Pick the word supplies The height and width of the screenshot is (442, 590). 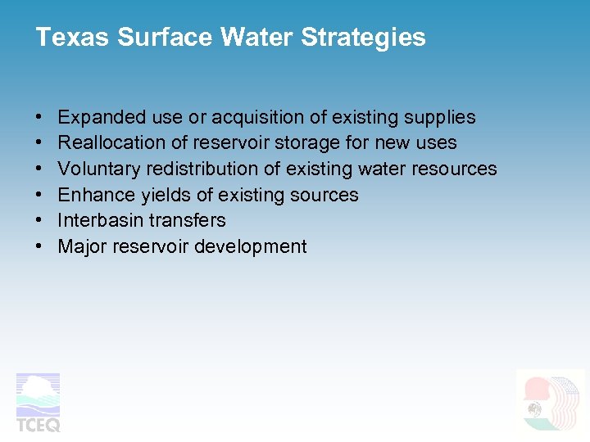441,117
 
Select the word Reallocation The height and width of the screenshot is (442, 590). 111,142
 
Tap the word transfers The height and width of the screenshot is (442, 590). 188,220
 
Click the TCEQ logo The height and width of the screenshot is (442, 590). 39,402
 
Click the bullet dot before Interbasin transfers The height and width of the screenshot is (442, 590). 39,221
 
